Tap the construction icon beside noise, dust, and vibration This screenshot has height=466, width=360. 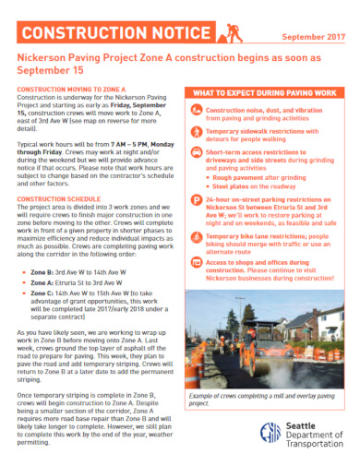point(197,114)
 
